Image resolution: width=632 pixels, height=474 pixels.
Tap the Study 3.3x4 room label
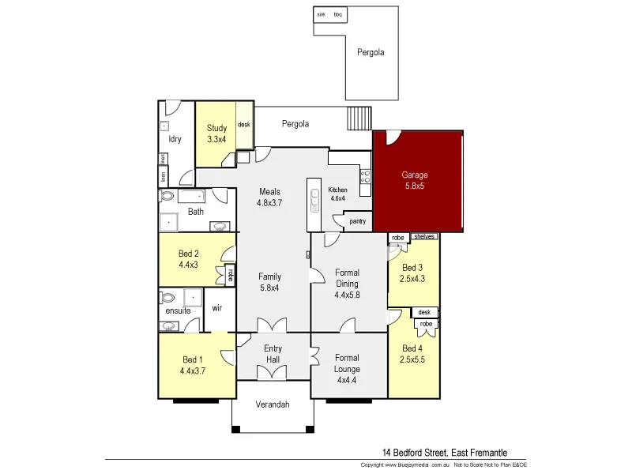(x=216, y=134)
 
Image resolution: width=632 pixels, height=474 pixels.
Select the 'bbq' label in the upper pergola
(x=338, y=14)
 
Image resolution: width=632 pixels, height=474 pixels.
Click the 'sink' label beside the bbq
(x=322, y=14)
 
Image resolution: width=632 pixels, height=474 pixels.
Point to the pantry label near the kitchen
(x=357, y=221)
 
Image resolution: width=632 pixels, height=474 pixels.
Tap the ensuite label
(x=178, y=310)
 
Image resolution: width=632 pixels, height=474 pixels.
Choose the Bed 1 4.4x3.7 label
(x=193, y=365)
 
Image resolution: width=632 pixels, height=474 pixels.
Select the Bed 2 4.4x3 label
(x=188, y=259)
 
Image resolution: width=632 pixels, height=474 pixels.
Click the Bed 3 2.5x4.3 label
(x=413, y=273)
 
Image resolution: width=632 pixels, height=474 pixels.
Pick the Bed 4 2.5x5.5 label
(x=413, y=354)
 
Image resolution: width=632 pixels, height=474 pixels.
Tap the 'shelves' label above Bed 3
(x=424, y=236)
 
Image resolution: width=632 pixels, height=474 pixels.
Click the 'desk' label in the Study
(x=244, y=125)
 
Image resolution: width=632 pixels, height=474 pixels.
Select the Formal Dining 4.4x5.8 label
(x=347, y=284)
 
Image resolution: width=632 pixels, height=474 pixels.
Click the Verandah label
(x=273, y=404)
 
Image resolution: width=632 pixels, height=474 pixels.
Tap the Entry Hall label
(x=273, y=354)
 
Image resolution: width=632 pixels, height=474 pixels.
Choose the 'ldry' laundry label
(x=175, y=139)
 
